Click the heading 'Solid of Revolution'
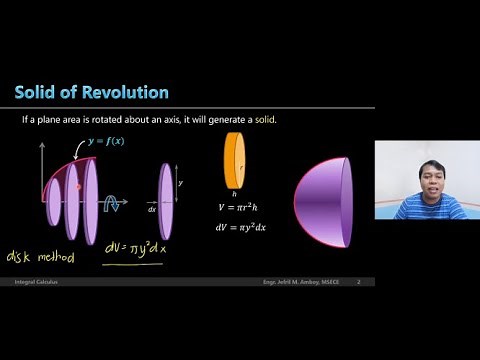point(91,93)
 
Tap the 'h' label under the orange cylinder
point(233,194)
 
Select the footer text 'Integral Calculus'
point(33,283)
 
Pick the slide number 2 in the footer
point(358,283)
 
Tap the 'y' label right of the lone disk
point(180,185)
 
